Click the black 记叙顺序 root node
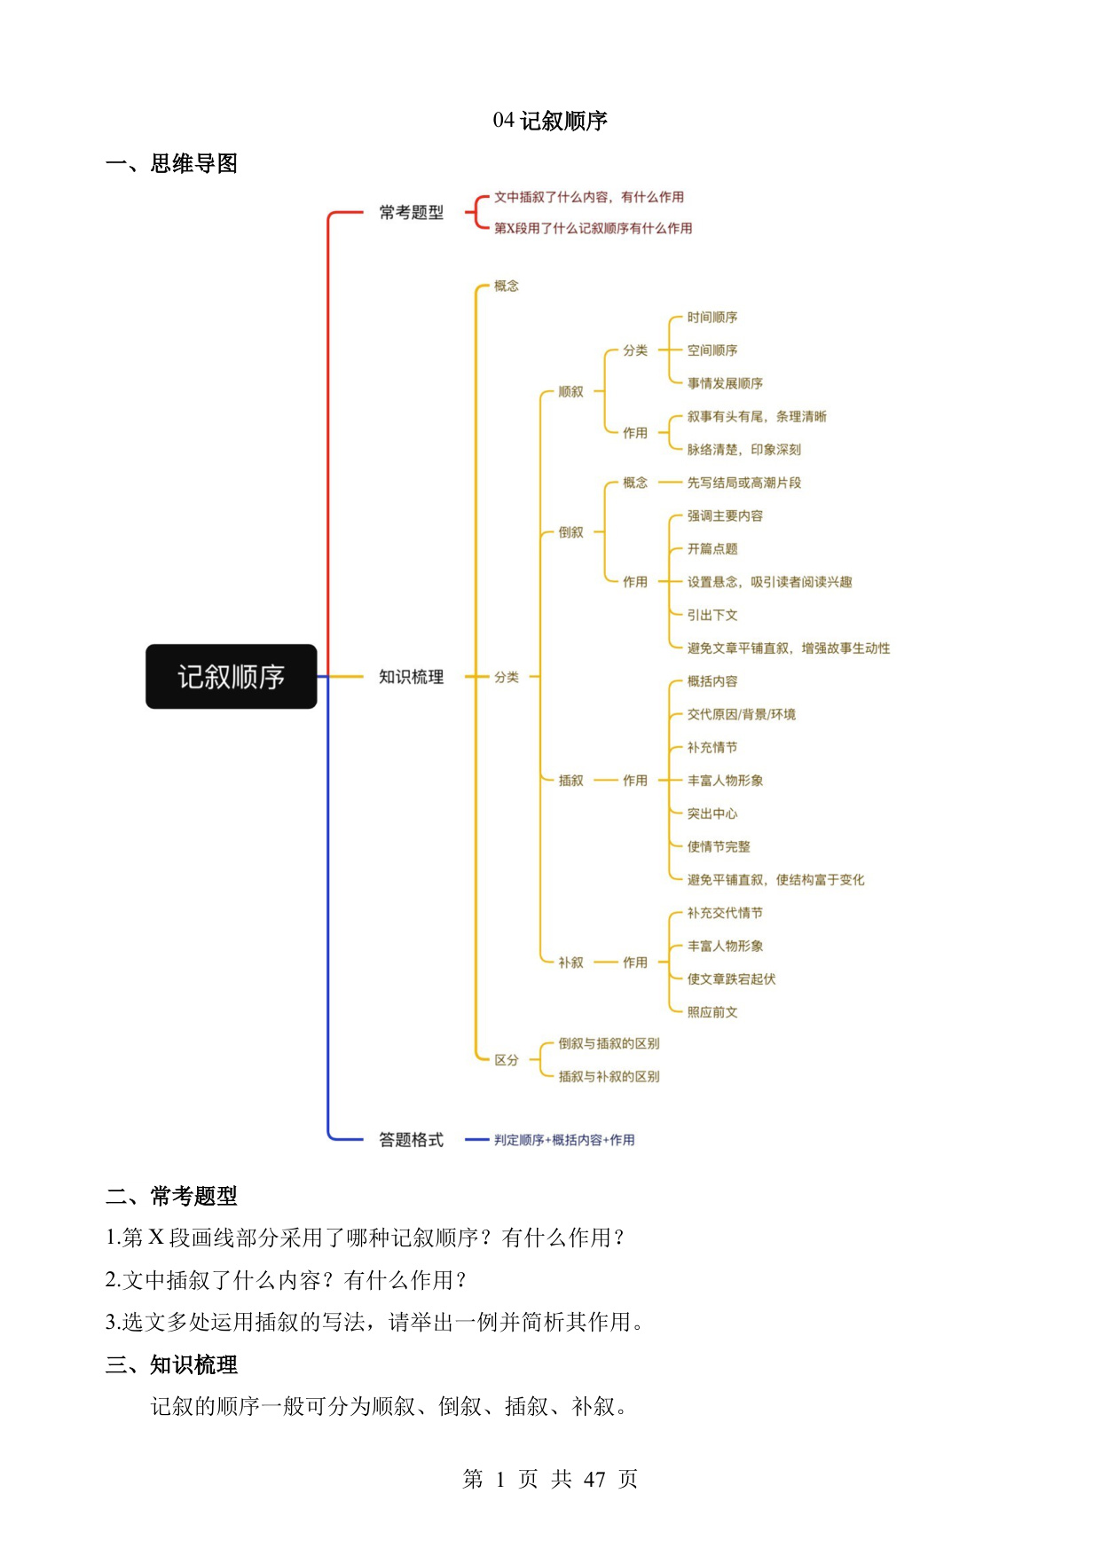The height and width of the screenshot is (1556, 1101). [231, 677]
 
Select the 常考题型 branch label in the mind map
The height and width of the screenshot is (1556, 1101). [411, 213]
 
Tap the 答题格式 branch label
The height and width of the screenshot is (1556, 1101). [411, 1140]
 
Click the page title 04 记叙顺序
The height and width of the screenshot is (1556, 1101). [550, 121]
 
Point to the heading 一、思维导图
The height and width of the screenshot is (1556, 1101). [172, 164]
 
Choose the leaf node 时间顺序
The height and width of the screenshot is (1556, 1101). [712, 318]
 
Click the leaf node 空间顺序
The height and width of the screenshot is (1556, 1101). [712, 350]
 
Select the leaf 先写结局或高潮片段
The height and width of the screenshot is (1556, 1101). [744, 483]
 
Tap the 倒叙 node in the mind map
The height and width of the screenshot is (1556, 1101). [571, 532]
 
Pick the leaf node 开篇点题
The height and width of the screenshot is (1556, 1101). [712, 549]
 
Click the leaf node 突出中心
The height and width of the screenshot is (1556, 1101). [712, 813]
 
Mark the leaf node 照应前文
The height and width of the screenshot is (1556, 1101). [712, 1012]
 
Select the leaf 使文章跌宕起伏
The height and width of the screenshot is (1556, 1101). [732, 979]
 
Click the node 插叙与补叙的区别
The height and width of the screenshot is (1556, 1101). [609, 1077]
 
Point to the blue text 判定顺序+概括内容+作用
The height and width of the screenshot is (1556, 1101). [564, 1140]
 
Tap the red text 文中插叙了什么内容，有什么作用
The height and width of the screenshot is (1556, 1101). [589, 197]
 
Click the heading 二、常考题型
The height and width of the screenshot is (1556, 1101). [172, 1197]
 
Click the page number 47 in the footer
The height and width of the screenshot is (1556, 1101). [594, 1479]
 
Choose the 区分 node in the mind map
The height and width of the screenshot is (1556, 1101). [507, 1060]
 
